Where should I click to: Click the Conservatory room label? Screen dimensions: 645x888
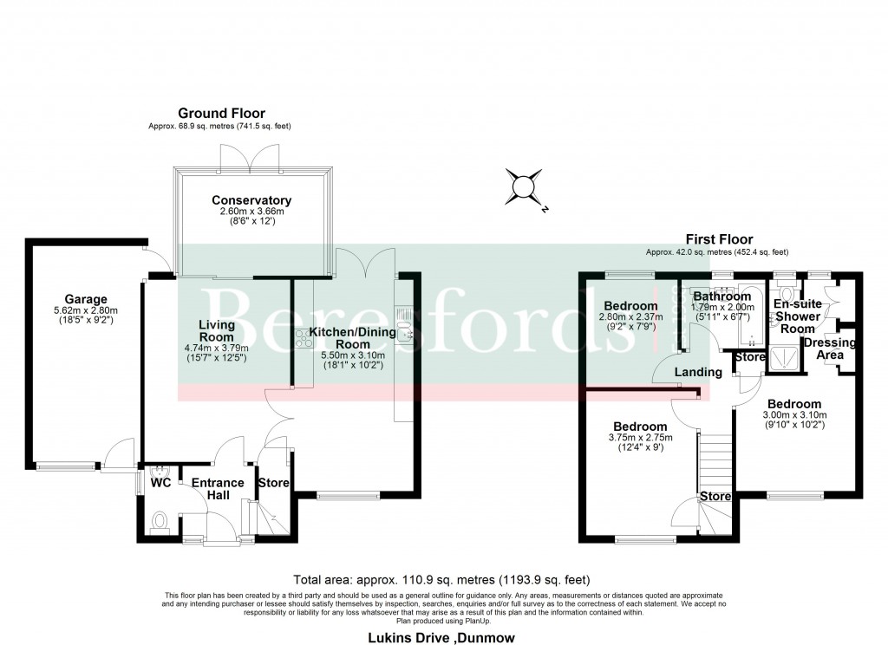[251, 200]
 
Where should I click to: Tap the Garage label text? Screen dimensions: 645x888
[85, 299]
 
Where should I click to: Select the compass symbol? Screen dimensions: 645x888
[525, 186]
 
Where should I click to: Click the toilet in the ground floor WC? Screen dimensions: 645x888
[159, 521]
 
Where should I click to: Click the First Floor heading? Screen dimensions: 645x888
[719, 239]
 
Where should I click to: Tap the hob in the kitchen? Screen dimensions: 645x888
[304, 338]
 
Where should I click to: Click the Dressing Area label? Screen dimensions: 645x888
[830, 348]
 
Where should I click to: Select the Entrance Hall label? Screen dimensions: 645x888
[212, 489]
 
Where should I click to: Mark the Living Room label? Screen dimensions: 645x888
[216, 330]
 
